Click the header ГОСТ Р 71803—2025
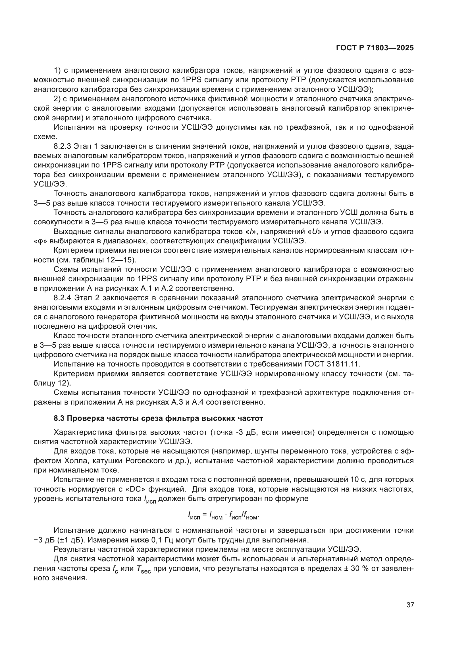pyautogui.click(x=375, y=48)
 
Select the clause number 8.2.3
pyautogui.click(x=62, y=146)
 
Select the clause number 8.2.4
pyautogui.click(x=62, y=298)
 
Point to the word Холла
pyautogui.click(x=74, y=461)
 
